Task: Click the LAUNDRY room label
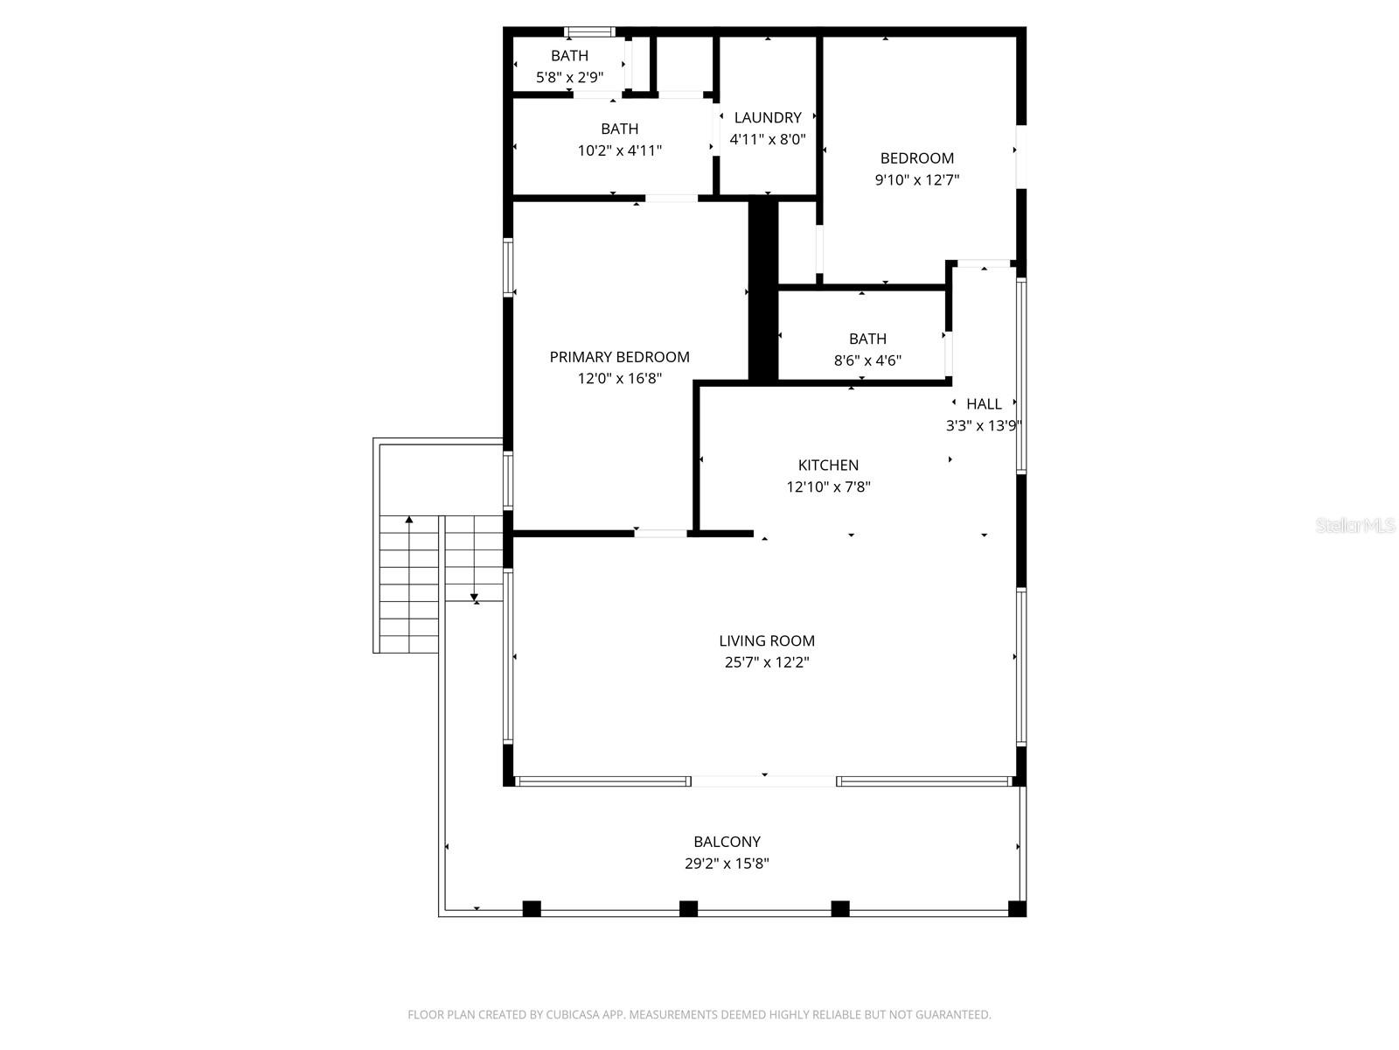(x=768, y=117)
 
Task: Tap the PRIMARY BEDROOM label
(x=619, y=357)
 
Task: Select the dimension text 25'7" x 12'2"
(x=767, y=662)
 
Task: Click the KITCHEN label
(x=828, y=465)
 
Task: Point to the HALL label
(x=984, y=404)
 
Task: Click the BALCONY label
(x=727, y=842)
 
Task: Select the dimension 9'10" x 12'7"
(x=917, y=180)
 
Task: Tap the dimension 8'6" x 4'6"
(x=867, y=360)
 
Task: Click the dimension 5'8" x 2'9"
(x=569, y=78)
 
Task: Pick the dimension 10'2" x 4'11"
(x=619, y=150)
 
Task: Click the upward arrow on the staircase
(x=408, y=520)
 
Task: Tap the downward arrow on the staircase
(x=475, y=599)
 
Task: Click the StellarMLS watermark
(x=1355, y=526)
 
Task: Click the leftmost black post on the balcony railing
(x=532, y=908)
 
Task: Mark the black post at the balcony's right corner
(x=1017, y=908)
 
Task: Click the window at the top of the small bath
(x=589, y=32)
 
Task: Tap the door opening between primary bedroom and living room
(x=660, y=533)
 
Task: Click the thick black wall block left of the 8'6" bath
(x=762, y=289)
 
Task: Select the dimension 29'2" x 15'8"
(x=727, y=864)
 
